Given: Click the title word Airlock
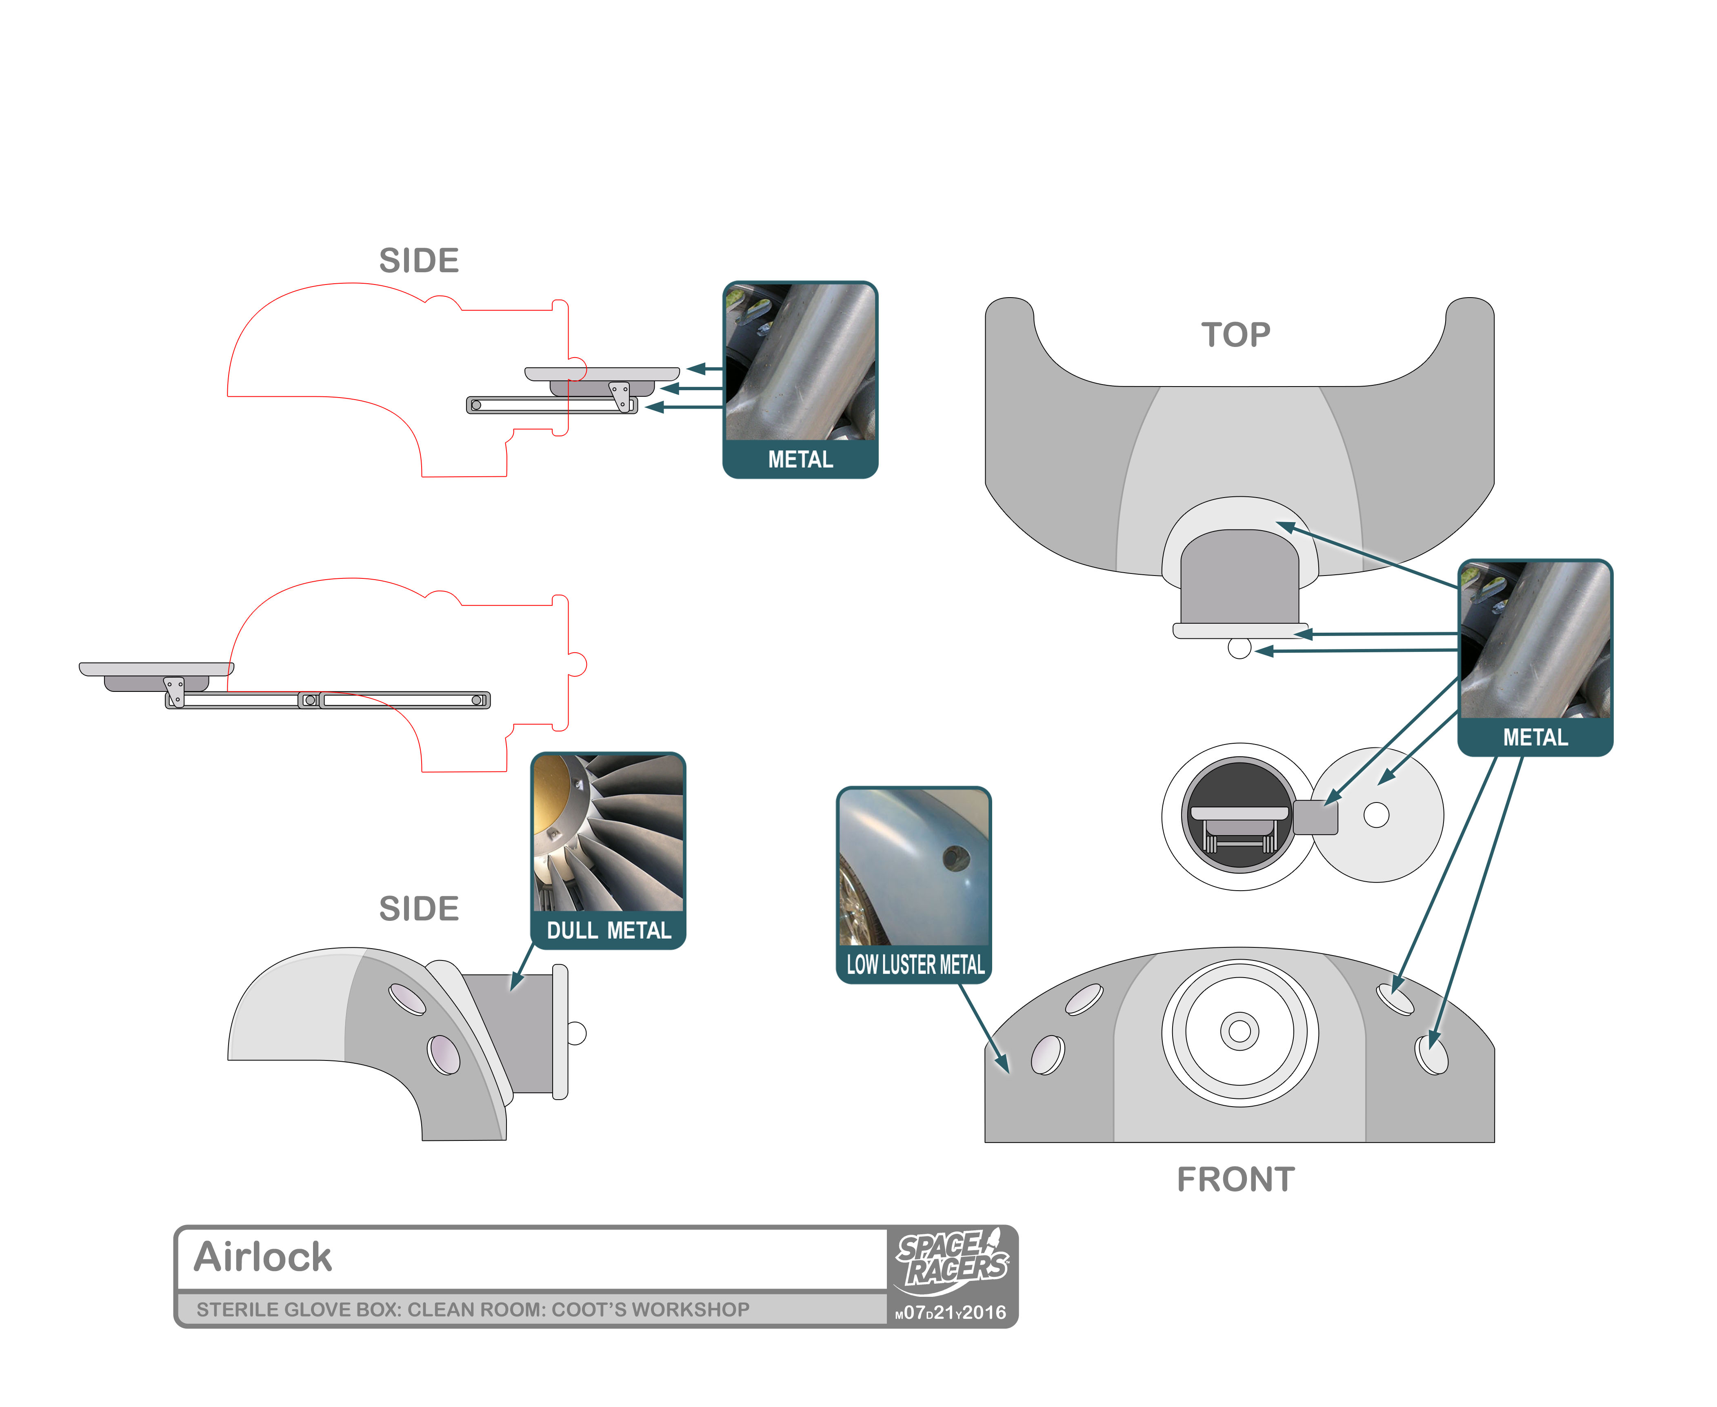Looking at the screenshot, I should point(262,1257).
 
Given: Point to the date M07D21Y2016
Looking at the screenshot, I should point(951,1312).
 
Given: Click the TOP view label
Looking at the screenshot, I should point(1236,335).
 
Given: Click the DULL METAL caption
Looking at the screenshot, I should point(609,930).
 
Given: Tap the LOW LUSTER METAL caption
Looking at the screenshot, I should point(915,965).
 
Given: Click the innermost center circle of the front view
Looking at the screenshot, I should point(1239,1031).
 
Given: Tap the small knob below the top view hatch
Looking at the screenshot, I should point(1239,648).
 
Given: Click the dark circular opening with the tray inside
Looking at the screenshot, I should point(1239,816).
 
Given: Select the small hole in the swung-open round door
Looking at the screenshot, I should point(1376,815).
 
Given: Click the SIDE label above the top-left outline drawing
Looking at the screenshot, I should point(419,261).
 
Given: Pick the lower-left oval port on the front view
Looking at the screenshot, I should point(1048,1055).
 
